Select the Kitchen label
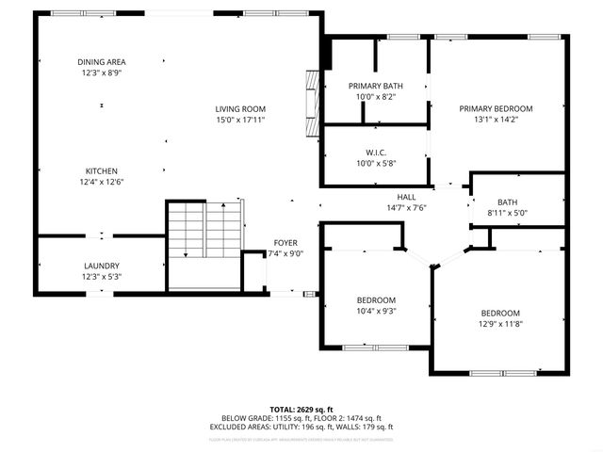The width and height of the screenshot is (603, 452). [101, 170]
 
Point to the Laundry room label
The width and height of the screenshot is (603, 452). [101, 266]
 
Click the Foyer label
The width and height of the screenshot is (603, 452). [285, 242]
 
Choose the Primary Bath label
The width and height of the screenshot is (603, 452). [376, 86]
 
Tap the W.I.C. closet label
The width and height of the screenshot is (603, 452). [376, 153]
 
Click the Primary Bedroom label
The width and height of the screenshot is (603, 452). [496, 108]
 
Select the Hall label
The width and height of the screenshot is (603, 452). [406, 197]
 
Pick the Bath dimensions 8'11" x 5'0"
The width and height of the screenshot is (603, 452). [508, 214]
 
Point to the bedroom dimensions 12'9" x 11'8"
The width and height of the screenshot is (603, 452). [499, 324]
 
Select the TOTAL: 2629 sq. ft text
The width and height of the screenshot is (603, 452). [301, 409]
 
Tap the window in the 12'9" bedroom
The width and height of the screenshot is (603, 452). [500, 372]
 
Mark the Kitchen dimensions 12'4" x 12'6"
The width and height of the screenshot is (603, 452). [101, 182]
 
